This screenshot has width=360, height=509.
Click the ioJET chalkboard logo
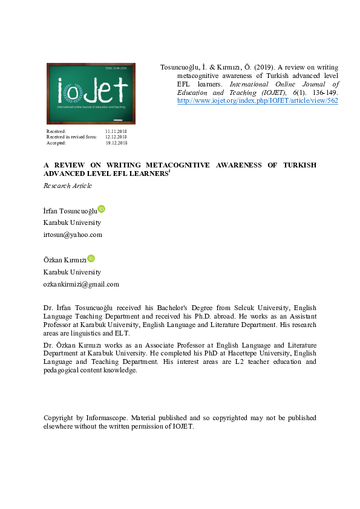(x=91, y=93)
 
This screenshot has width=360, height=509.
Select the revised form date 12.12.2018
(x=116, y=137)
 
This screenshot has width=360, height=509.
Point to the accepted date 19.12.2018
(x=116, y=143)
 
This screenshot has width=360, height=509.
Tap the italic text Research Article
(x=68, y=186)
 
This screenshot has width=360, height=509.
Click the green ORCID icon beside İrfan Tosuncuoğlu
(x=101, y=209)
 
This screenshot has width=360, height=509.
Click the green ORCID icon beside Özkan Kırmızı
(x=91, y=258)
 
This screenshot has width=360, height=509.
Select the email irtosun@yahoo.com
(x=73, y=235)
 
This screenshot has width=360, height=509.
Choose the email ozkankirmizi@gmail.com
(x=81, y=284)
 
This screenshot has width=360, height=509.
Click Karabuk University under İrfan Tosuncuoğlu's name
(x=72, y=222)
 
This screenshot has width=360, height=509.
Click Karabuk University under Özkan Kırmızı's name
(x=72, y=272)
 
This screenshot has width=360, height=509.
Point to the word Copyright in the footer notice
(x=59, y=418)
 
